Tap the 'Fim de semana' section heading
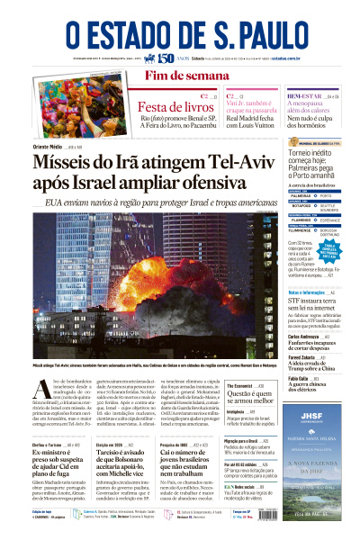[180, 75]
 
